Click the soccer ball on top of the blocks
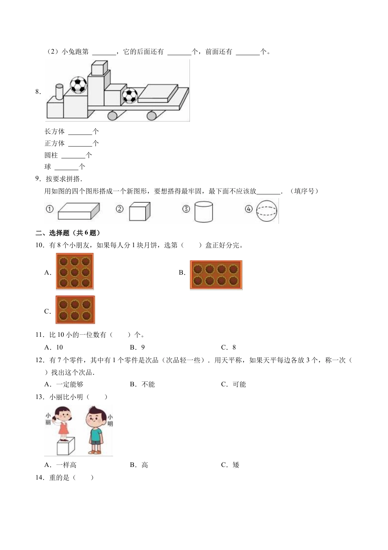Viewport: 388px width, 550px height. point(78,85)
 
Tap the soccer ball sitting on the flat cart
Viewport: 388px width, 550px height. point(130,96)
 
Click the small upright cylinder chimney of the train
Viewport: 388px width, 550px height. point(59,92)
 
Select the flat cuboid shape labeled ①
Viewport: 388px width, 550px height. point(78,212)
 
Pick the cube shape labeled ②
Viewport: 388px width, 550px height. point(140,212)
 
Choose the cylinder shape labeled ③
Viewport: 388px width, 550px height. point(203,212)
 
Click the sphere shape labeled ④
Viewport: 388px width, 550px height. point(267,211)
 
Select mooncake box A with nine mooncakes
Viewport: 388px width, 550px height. point(75,271)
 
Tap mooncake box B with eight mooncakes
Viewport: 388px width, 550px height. point(216,275)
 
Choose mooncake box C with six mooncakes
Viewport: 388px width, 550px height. point(75,310)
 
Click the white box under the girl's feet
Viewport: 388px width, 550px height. point(65,446)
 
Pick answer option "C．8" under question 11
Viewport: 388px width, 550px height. point(228,347)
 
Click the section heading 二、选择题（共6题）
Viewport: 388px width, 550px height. point(68,233)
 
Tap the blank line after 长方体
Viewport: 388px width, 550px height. point(80,132)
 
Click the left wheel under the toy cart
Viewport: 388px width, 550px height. point(113,116)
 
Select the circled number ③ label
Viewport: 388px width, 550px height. point(186,209)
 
